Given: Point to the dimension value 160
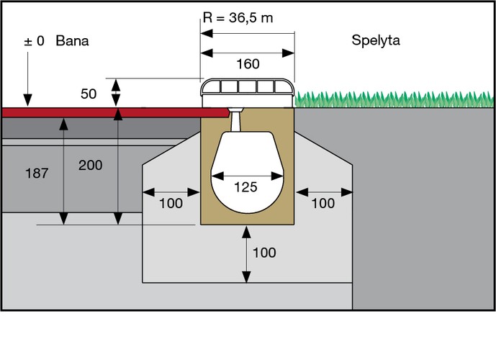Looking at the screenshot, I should click(248, 65).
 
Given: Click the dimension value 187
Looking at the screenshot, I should click(36, 174).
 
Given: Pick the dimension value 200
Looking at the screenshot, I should click(91, 165).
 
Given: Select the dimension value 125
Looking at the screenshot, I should click(246, 187).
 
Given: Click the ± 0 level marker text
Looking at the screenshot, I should click(35, 41).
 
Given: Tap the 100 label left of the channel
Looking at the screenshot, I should click(171, 203).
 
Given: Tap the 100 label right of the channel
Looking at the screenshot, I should click(323, 203).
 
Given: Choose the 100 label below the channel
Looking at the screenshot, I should click(265, 253).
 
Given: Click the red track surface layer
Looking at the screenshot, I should click(108, 112).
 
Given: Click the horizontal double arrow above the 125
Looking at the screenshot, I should click(246, 175).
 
